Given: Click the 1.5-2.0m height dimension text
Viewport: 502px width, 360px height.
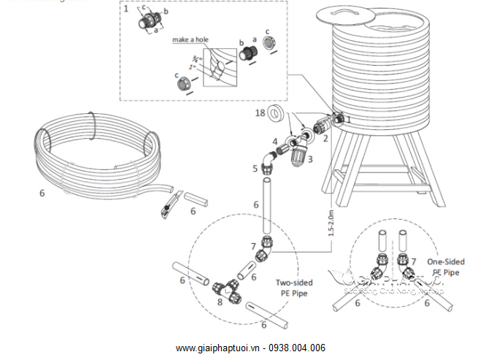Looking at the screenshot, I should coord(332,220).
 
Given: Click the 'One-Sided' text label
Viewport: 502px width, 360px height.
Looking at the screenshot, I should coord(445,262).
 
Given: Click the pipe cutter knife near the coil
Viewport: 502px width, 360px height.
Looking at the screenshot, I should coord(169,204).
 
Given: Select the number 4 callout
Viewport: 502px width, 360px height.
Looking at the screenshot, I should coord(275,141).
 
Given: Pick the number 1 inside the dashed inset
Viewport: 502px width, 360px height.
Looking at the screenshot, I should coord(125,9).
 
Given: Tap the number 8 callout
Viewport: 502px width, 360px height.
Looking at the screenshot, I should coord(220,302).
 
